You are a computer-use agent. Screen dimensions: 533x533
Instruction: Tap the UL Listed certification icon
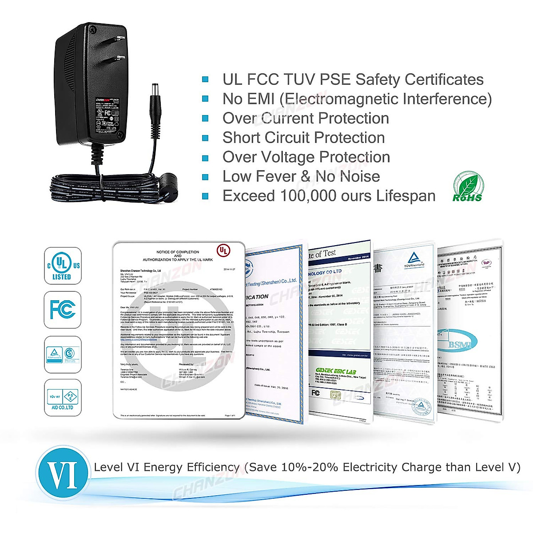click(x=63, y=266)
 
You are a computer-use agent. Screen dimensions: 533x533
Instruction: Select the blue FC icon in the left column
click(x=63, y=309)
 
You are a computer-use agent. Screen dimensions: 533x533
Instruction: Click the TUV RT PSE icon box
click(x=63, y=398)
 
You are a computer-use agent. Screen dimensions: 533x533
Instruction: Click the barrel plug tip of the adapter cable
click(x=155, y=88)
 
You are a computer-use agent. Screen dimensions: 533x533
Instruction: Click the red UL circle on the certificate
click(x=223, y=251)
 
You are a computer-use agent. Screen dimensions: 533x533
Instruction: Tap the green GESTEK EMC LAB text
click(x=336, y=371)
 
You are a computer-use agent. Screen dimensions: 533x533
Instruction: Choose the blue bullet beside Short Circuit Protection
click(x=205, y=138)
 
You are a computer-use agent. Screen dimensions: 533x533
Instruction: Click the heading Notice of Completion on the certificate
click(x=178, y=252)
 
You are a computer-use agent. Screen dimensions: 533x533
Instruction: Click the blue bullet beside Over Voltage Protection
click(x=205, y=157)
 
